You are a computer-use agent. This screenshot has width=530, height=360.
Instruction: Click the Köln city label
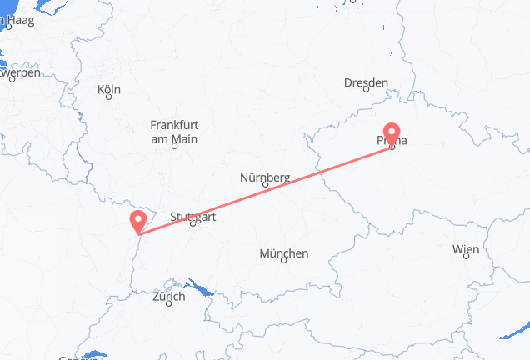108,89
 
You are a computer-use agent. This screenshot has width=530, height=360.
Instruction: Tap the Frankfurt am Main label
173,132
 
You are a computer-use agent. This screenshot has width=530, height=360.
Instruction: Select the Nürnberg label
264,177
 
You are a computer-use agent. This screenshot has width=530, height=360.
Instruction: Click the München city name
283,253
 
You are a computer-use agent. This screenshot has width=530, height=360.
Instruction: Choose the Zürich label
169,296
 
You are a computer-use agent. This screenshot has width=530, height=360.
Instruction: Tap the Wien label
465,249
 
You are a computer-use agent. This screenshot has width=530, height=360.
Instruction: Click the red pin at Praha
390,134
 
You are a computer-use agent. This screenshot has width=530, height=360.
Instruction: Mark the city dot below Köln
108,97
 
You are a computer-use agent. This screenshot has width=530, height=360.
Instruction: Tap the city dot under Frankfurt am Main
174,147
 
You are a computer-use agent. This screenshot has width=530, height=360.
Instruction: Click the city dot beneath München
284,261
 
